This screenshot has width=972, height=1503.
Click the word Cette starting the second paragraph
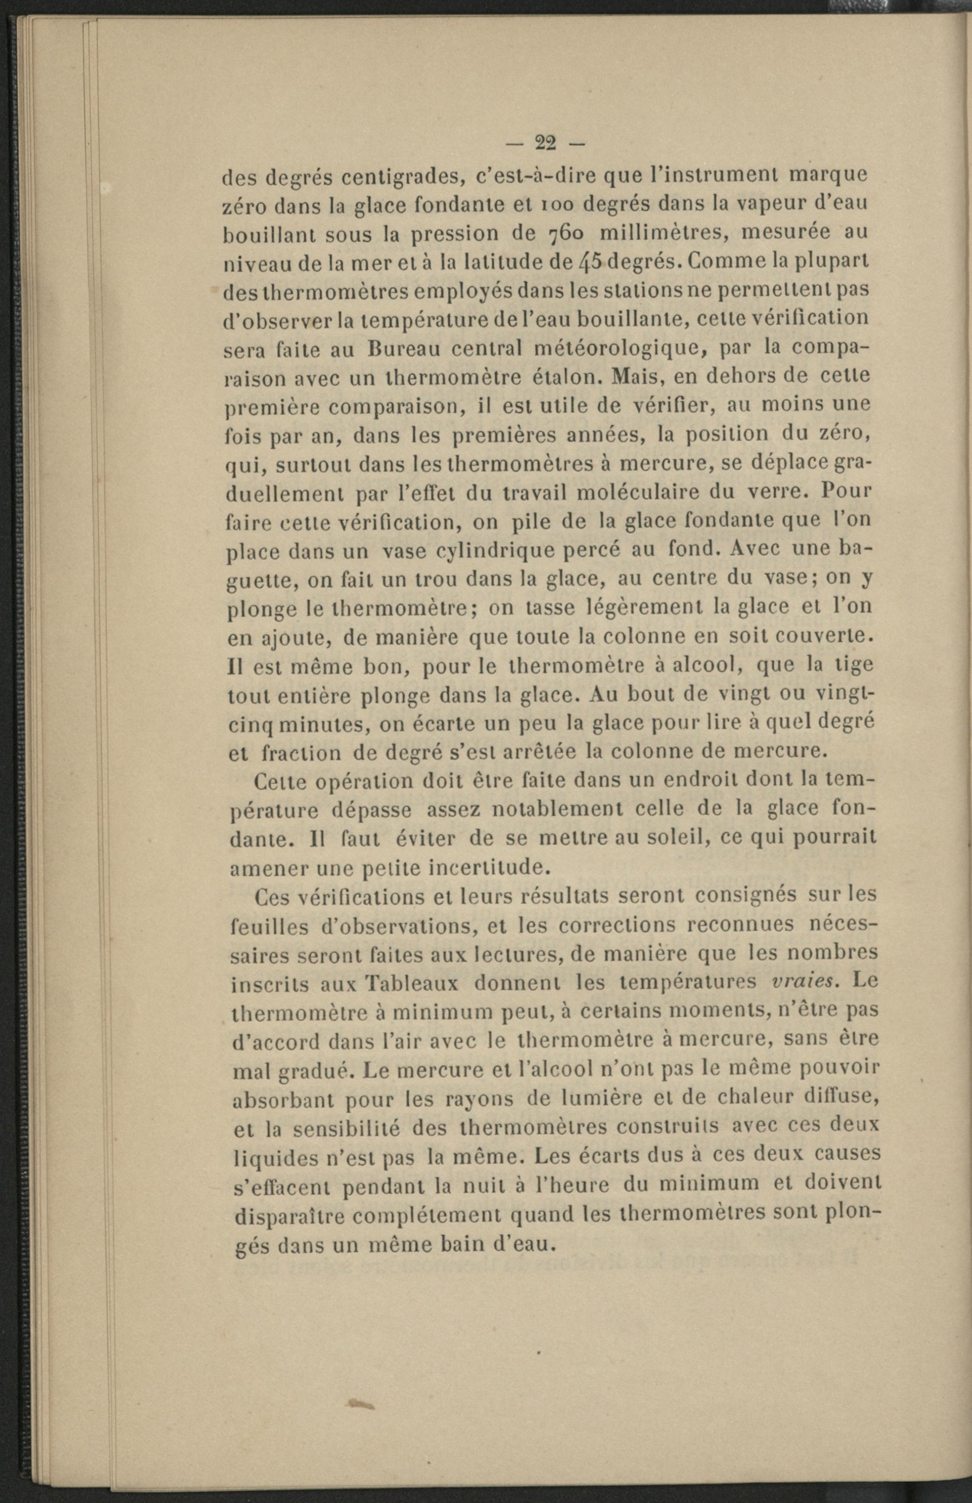[x=279, y=782]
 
